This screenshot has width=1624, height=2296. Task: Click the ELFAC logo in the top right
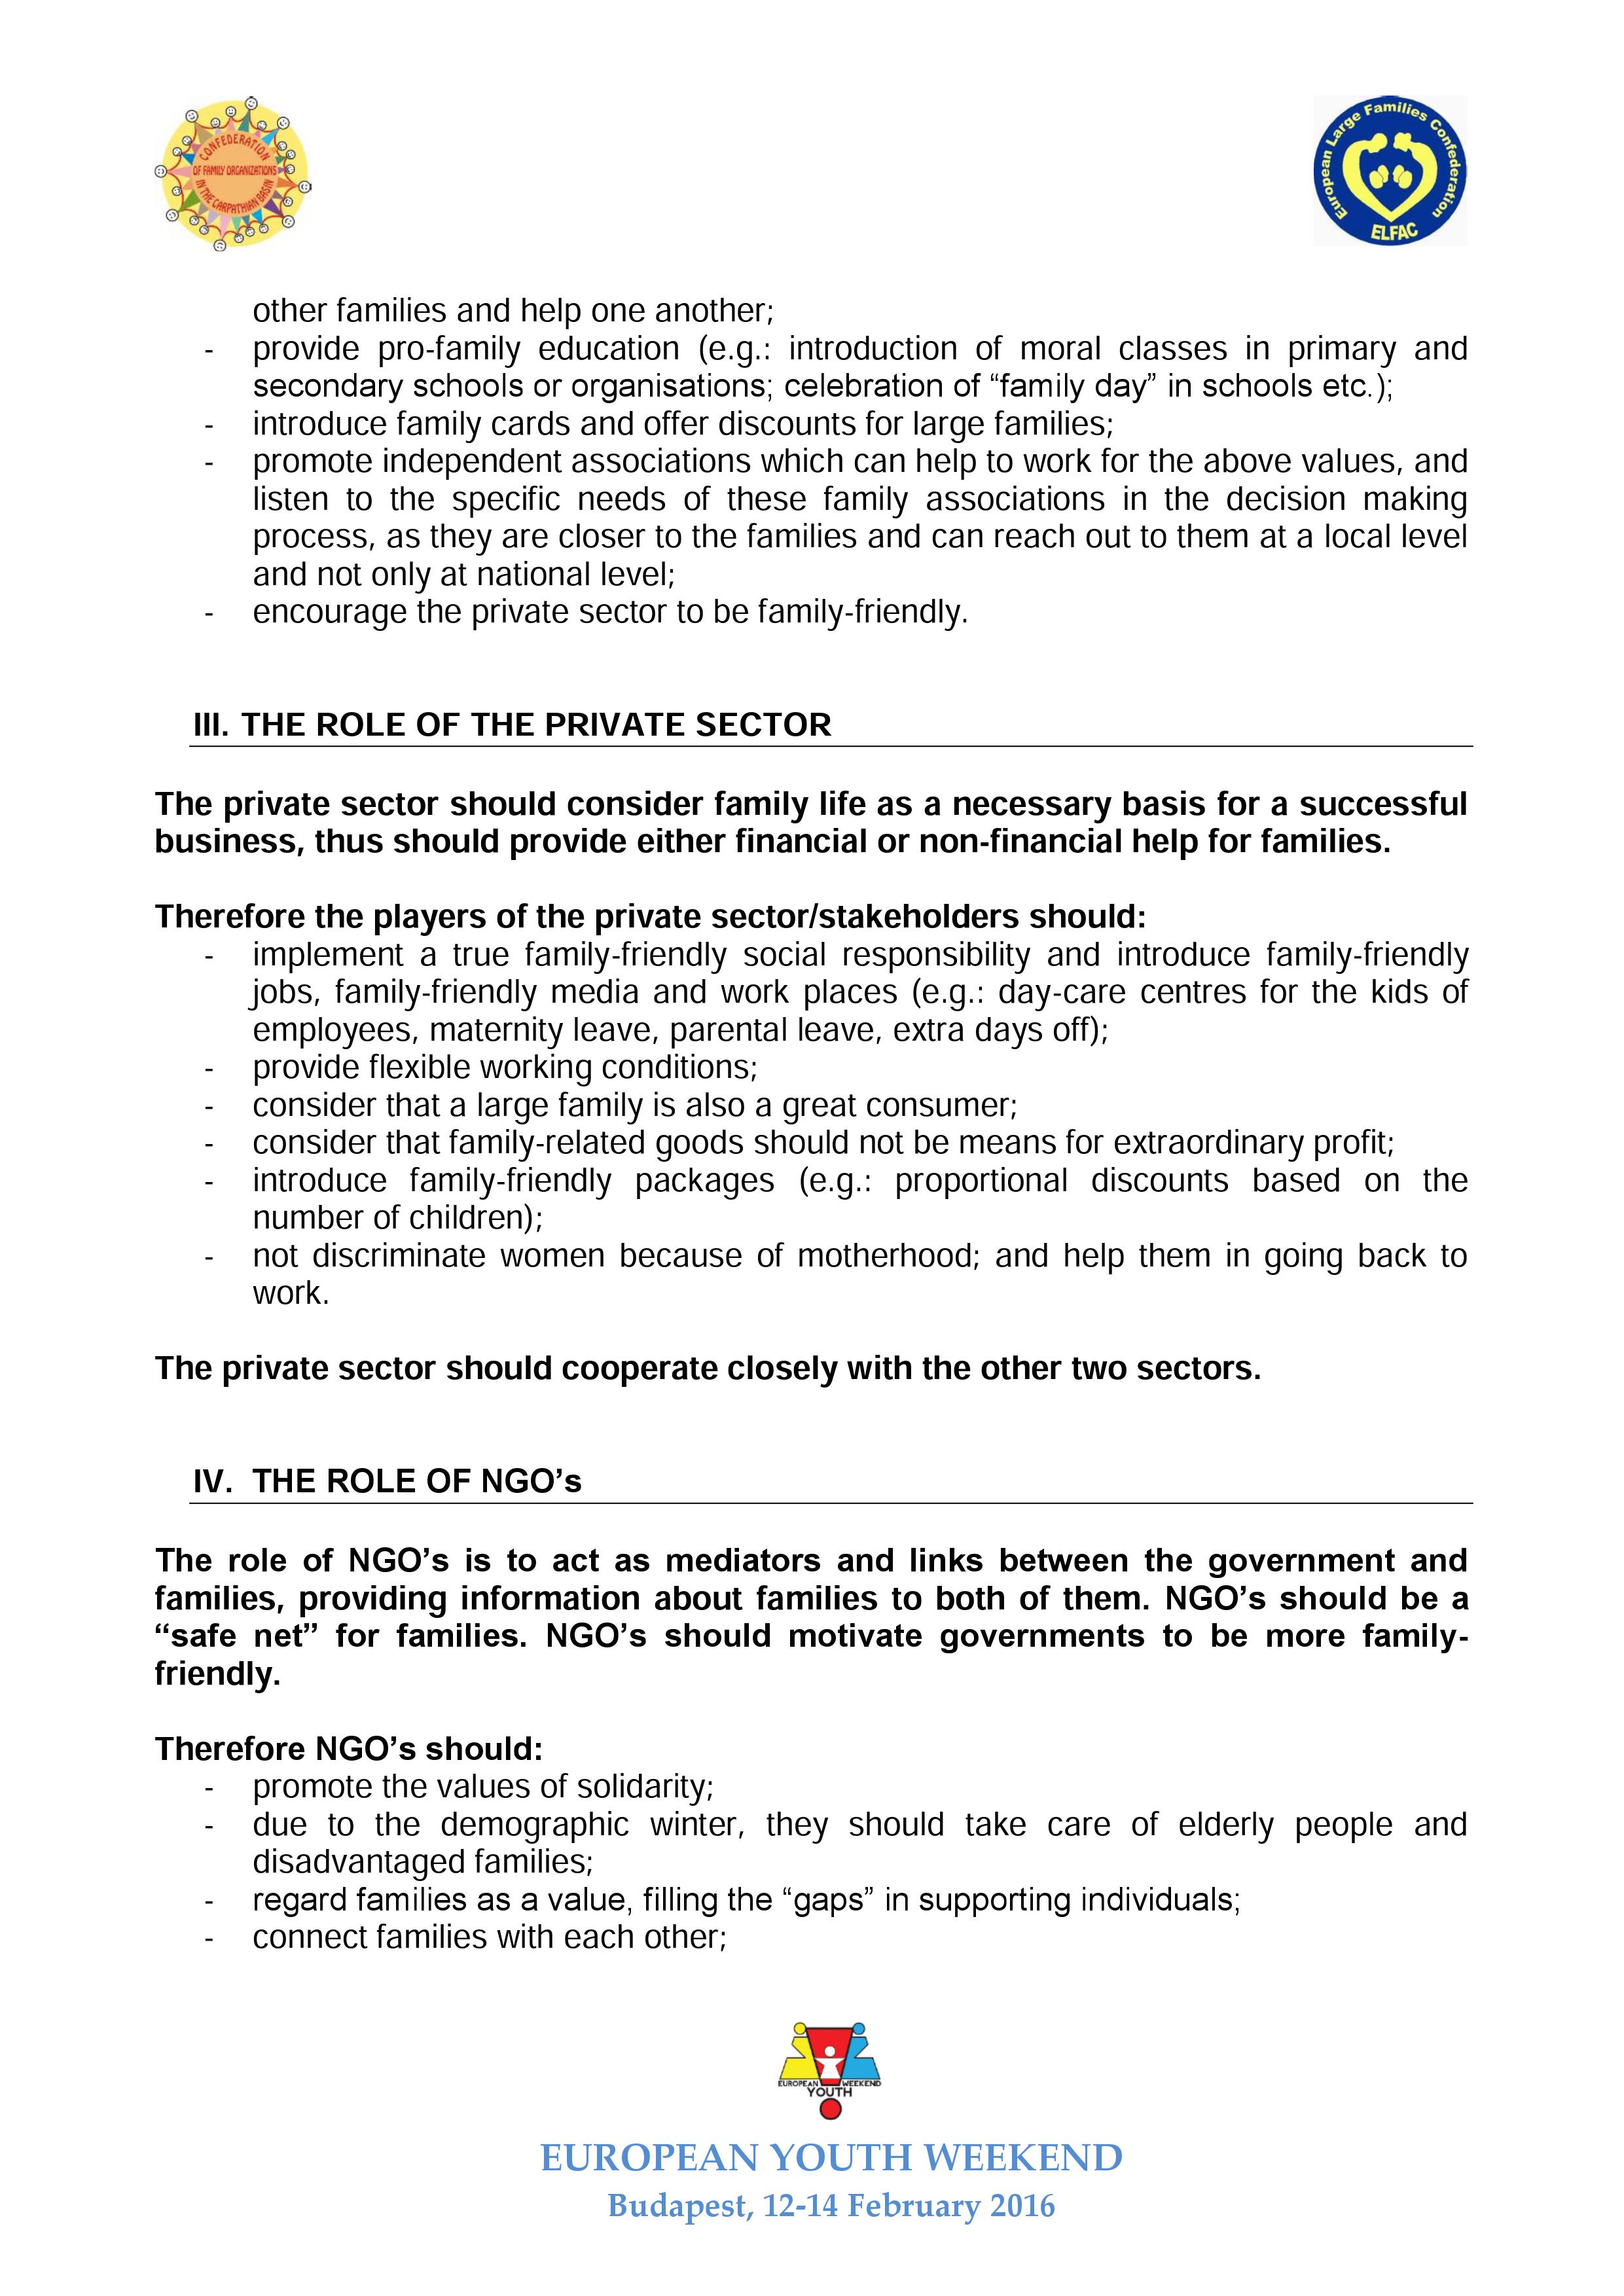point(1390,171)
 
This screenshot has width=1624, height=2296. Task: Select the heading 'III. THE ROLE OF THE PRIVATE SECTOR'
point(511,725)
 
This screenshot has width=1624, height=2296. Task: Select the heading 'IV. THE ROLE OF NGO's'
point(387,1481)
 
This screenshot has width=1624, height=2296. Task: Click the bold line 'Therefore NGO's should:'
point(349,1748)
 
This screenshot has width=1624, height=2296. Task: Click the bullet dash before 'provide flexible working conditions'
point(210,1068)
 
